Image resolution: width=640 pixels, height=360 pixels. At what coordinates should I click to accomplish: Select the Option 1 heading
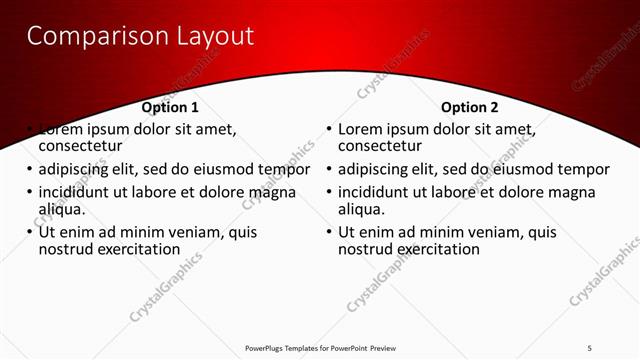(x=170, y=107)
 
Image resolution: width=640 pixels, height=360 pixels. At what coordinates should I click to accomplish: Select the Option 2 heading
(x=469, y=107)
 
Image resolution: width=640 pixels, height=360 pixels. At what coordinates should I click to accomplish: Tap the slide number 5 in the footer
(x=590, y=348)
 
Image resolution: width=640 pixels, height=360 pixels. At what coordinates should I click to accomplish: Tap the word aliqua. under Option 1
(x=62, y=209)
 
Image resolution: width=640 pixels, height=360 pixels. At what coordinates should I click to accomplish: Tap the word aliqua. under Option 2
(x=362, y=209)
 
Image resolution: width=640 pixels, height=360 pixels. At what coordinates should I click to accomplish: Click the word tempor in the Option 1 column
(x=285, y=170)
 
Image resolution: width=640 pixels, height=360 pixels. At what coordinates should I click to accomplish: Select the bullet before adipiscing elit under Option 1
(x=29, y=170)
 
